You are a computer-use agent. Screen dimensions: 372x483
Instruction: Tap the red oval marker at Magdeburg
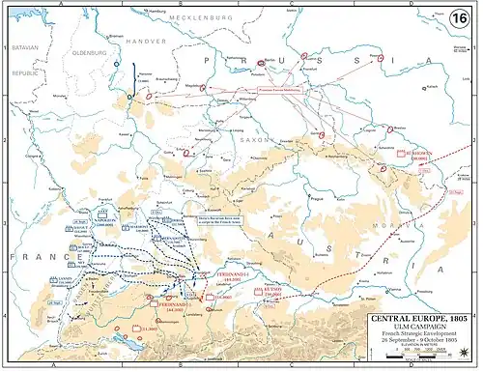(x=208, y=84)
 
